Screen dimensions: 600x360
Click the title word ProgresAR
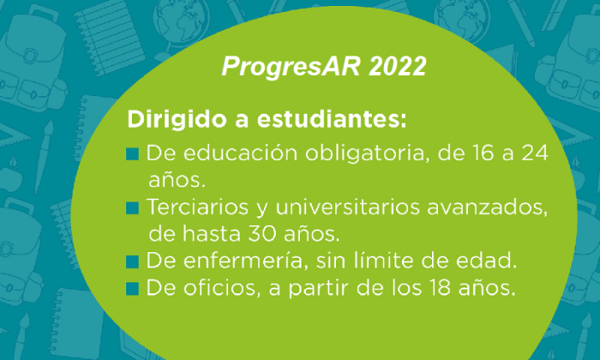291,67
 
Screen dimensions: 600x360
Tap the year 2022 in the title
398,66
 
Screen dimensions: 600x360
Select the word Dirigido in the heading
177,120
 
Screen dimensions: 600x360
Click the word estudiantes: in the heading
332,120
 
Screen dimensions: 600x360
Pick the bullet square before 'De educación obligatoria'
132,153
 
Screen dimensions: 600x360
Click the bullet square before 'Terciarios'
132,208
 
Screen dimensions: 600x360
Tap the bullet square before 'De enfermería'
132,262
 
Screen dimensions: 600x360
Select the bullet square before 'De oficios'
132,289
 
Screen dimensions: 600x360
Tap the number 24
535,153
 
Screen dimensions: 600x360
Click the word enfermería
249,261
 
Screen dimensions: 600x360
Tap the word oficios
222,288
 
